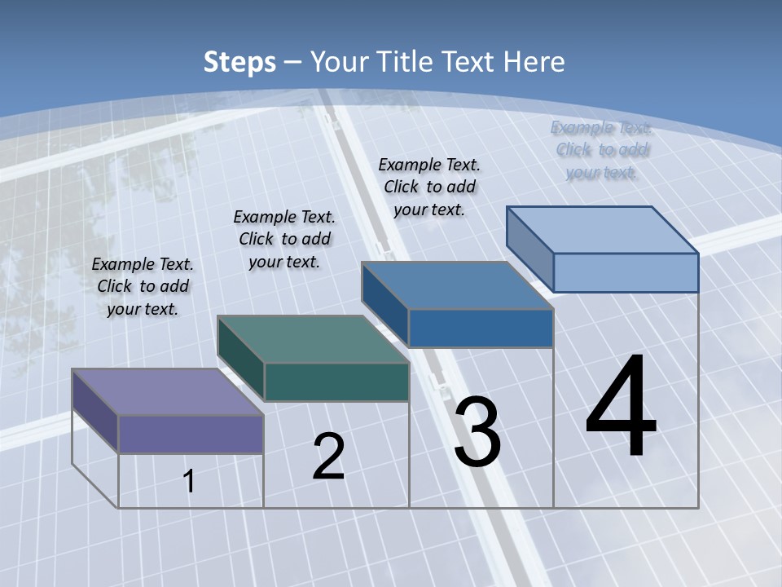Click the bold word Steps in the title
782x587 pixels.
(239, 62)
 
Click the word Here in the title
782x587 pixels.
(534, 62)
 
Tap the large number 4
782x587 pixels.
(621, 408)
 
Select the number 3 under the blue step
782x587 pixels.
(477, 432)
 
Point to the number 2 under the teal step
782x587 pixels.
(329, 457)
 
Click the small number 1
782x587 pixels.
(189, 481)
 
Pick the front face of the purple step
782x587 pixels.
(191, 434)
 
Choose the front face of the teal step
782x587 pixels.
(336, 382)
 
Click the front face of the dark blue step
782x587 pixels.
(481, 328)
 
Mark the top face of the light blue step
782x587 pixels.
(603, 229)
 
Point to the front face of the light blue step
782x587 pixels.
(626, 272)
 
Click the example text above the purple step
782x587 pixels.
(143, 286)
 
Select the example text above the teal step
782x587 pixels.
(284, 239)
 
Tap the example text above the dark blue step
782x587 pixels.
(429, 187)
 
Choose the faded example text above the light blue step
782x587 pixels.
(602, 150)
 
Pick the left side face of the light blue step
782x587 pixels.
(530, 245)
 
